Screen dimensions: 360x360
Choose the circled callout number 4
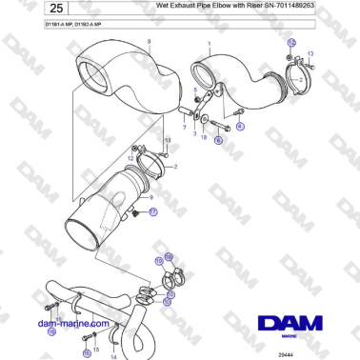(x=241, y=126)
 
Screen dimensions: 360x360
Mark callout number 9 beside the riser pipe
(x=153, y=197)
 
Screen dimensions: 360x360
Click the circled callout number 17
(x=153, y=211)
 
